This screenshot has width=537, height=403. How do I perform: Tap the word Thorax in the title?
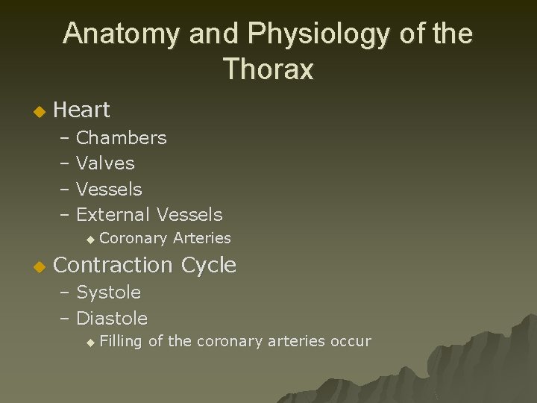point(268,69)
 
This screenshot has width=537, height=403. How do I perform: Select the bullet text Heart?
point(82,110)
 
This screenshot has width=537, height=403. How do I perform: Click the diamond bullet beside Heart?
point(40,112)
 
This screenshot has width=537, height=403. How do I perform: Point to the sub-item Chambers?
point(122,138)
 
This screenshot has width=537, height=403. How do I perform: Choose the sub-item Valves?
point(105,163)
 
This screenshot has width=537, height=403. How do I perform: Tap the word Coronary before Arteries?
point(133,238)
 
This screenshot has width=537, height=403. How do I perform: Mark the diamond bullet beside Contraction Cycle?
point(40,266)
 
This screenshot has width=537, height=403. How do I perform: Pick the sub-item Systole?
point(108,293)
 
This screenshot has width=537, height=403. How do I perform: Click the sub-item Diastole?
point(112,319)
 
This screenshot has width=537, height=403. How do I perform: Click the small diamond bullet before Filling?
point(89,343)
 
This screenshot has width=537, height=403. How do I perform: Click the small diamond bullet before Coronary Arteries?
point(89,239)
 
